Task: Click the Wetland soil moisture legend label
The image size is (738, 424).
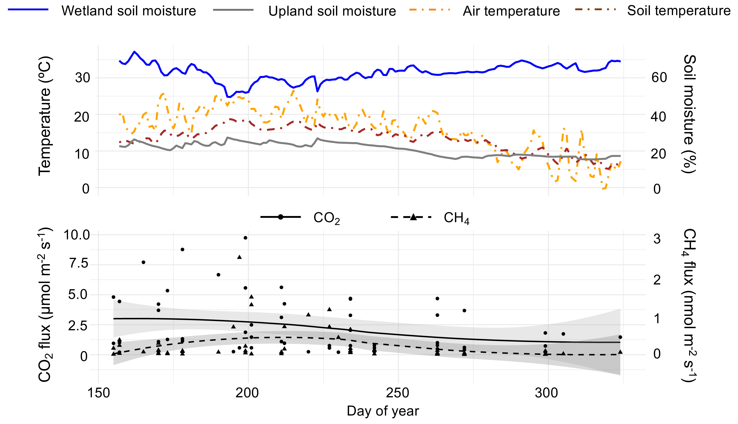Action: point(129,11)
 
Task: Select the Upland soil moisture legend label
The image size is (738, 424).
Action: point(332,11)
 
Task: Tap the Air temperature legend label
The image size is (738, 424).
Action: point(511,11)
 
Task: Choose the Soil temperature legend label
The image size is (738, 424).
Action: point(678,11)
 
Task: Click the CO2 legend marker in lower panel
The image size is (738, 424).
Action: point(281,217)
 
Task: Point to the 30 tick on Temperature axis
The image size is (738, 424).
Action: point(82,78)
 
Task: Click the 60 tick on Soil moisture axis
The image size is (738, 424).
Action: point(659,78)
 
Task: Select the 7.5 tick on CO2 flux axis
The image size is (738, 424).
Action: point(79,263)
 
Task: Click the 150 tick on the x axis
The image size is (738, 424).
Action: point(98,393)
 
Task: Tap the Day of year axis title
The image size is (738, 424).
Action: point(383,411)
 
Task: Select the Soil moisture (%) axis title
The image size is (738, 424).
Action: point(689,114)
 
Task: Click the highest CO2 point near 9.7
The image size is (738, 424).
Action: point(246,238)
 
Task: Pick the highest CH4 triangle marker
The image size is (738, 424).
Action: point(239,257)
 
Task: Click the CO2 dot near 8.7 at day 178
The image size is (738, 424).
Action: point(182,249)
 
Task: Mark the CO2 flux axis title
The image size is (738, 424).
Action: point(45,304)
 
